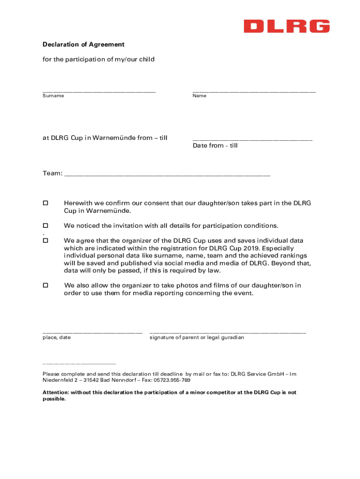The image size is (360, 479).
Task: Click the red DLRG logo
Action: pos(287,26)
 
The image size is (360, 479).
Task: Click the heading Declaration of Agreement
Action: pos(83,44)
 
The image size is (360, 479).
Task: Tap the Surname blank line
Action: pos(99,91)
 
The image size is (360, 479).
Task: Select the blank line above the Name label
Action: pos(254,91)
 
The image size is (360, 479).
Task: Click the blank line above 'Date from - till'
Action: pos(252,139)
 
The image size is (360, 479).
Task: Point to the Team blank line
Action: pos(167,175)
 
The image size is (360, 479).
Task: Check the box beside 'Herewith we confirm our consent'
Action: pos(45,203)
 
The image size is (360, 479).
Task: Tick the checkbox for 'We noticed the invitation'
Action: pos(45,225)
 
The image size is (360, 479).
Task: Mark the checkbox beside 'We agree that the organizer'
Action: pos(45,240)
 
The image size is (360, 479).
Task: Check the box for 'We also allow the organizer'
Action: pos(45,285)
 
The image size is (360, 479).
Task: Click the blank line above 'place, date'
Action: pos(93,332)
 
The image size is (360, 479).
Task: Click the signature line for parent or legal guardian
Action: pos(228,332)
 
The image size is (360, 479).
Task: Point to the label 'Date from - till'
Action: pos(215,145)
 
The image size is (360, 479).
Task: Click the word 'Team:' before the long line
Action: pos(52,174)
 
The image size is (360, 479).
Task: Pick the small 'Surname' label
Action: pos(53,96)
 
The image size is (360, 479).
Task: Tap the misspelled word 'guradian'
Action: pos(232,337)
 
